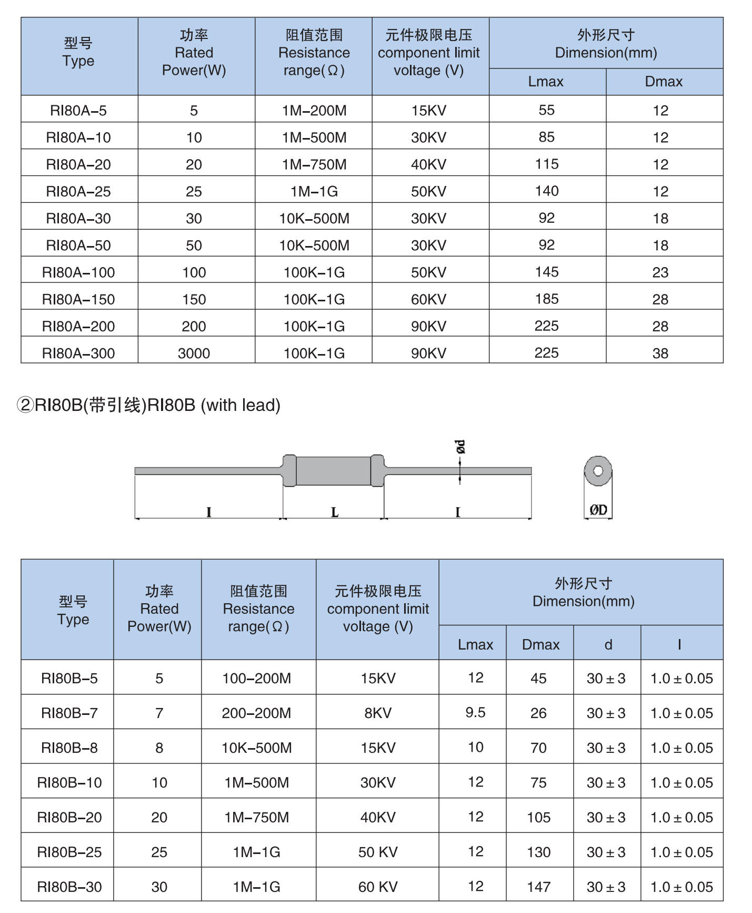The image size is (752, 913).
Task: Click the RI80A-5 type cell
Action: [78, 111]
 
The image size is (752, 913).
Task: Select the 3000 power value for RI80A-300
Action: [194, 354]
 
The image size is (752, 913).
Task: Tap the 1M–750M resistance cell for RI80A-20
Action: [314, 164]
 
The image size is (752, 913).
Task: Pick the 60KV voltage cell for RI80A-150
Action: [428, 299]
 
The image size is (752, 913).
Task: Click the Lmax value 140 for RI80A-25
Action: [547, 191]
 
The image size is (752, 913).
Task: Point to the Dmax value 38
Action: [660, 354]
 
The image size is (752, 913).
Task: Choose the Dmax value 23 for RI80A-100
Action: [660, 272]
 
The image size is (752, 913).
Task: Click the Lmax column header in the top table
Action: [546, 82]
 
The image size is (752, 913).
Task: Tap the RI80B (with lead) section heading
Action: [149, 405]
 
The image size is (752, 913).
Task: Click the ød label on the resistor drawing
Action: [460, 447]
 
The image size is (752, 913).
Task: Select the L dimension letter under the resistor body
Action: [335, 512]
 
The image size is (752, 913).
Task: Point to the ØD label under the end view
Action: [598, 509]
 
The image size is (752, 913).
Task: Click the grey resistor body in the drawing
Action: [333, 470]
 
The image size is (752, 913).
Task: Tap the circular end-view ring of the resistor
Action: [598, 470]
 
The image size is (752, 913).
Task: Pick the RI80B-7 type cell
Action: [69, 713]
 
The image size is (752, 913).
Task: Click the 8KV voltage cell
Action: [378, 713]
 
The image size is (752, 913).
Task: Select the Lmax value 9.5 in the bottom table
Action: [475, 712]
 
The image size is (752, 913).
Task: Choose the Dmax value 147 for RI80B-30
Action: [539, 887]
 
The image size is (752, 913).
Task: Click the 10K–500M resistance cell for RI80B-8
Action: [256, 748]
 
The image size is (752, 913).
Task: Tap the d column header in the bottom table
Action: [608, 644]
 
